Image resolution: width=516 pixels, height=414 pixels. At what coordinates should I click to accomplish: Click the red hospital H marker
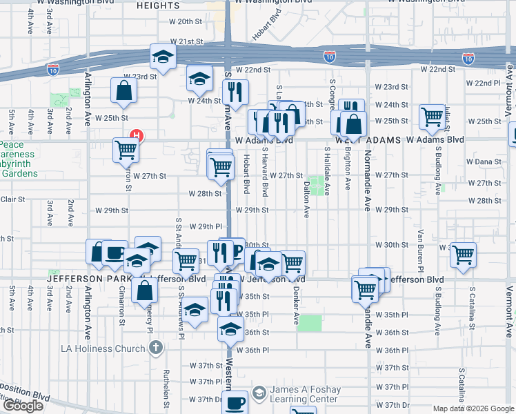[137, 136]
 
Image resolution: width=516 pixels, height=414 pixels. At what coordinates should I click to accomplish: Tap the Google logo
[23, 406]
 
